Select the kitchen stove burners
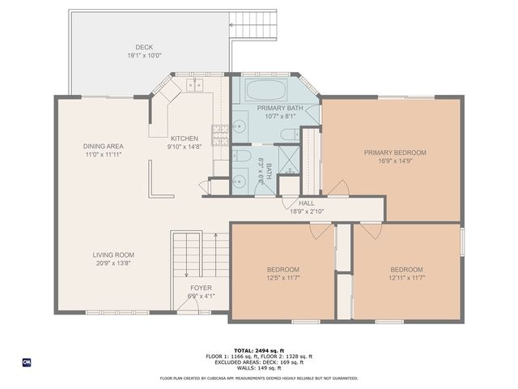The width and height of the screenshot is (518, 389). (x=219, y=133)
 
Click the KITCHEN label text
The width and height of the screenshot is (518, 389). (x=185, y=139)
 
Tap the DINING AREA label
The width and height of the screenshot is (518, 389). (x=102, y=146)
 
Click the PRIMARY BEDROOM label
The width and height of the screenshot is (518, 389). (x=394, y=152)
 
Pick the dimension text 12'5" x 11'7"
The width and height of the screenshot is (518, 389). (x=283, y=278)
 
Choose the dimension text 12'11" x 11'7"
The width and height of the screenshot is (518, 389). (x=406, y=278)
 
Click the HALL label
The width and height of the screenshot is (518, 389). (x=307, y=203)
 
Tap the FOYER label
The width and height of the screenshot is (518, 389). (x=201, y=288)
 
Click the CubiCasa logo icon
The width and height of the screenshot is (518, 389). (x=27, y=361)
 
